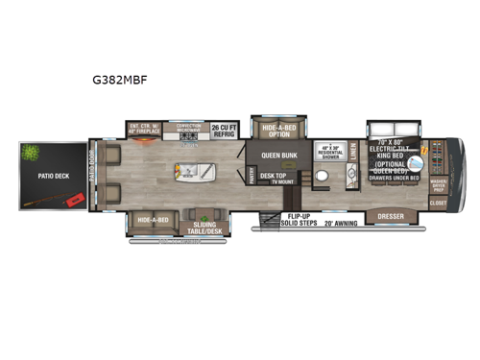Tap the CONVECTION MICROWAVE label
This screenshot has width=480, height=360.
188,128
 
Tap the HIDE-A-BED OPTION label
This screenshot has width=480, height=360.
276,132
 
